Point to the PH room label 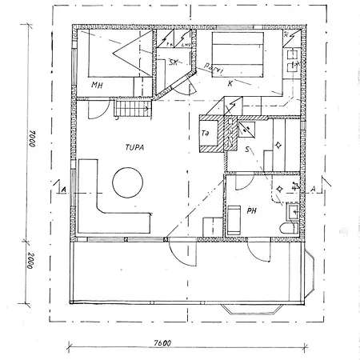click(251, 211)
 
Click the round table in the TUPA click(128, 182)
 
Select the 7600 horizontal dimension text click(162, 344)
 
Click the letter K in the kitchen click(230, 83)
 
